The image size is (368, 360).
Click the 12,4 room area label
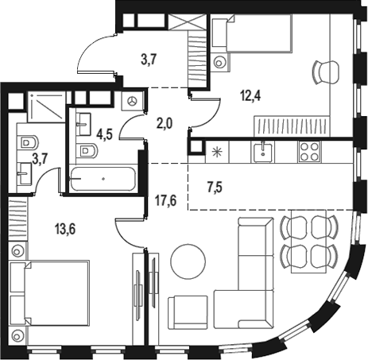(x=250, y=95)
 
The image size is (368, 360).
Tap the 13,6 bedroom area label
(x=65, y=229)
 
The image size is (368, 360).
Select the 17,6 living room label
(x=165, y=200)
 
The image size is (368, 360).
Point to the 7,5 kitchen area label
(x=215, y=188)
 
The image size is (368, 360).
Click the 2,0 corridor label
(x=165, y=123)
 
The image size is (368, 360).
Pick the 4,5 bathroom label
(x=104, y=134)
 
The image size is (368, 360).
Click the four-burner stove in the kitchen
(x=309, y=152)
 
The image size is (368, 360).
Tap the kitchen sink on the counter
(x=263, y=152)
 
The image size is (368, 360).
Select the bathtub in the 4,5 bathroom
(x=103, y=179)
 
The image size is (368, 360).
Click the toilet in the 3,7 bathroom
(x=29, y=143)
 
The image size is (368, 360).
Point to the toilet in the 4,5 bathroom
(x=87, y=151)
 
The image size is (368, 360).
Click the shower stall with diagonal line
(x=47, y=106)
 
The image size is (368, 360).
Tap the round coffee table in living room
(x=188, y=261)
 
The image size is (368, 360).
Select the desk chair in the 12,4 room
(x=325, y=72)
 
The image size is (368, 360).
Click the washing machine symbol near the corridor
(x=132, y=101)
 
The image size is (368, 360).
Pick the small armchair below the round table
(x=188, y=312)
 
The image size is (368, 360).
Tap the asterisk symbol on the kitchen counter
(x=217, y=152)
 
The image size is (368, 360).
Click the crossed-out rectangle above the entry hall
(x=188, y=21)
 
